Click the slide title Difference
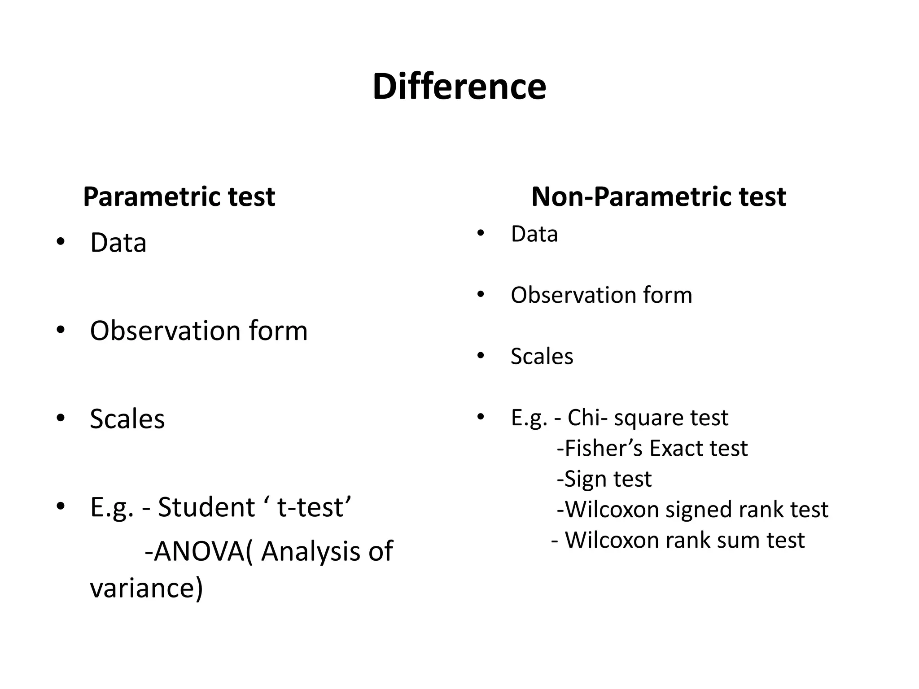click(x=459, y=87)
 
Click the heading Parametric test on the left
click(x=179, y=196)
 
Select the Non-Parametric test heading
click(x=659, y=196)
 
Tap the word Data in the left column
click(x=118, y=243)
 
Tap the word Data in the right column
click(x=534, y=234)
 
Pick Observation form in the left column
click(x=199, y=331)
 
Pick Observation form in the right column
click(x=601, y=295)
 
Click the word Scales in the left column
click(x=127, y=419)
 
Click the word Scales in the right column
click(x=542, y=357)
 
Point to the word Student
click(x=206, y=507)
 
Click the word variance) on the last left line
click(x=147, y=588)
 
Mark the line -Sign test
click(x=604, y=479)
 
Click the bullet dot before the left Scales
click(x=61, y=418)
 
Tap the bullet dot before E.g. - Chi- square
click(x=481, y=417)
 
